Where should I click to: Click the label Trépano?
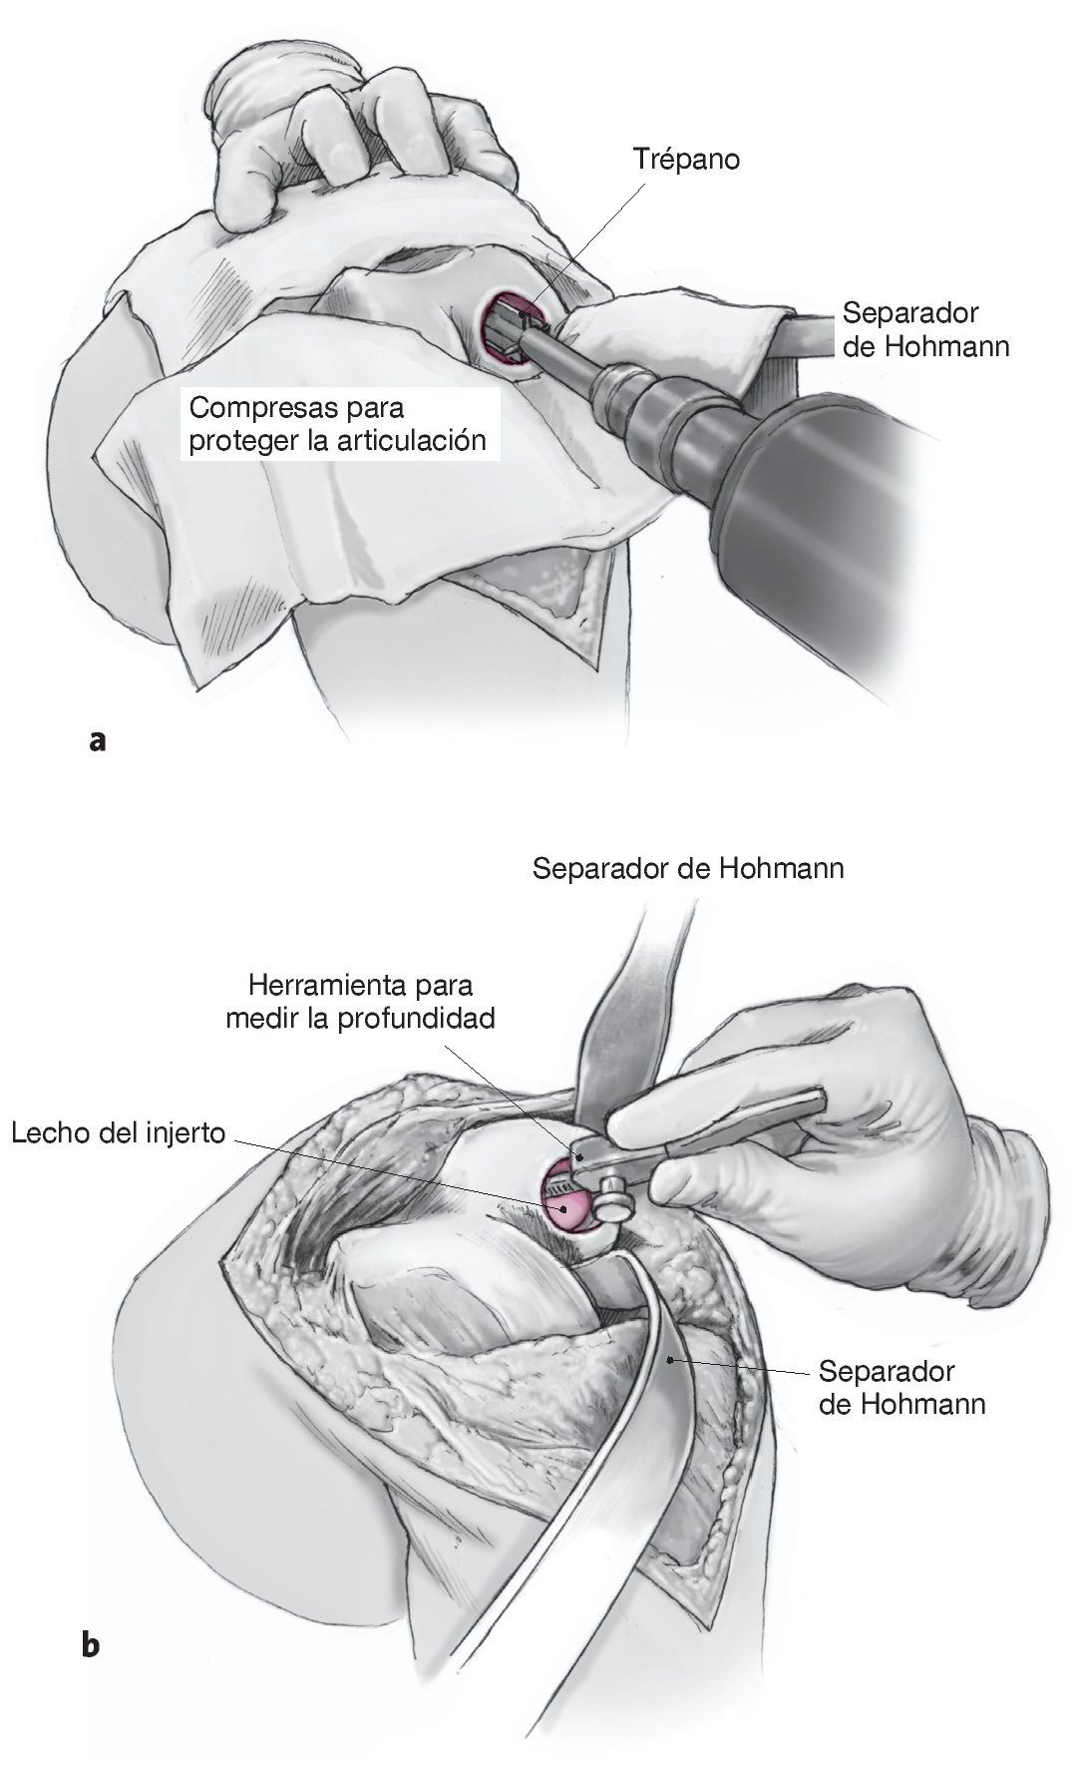click(686, 159)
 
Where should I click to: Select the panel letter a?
click(97, 740)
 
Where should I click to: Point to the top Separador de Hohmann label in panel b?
click(687, 868)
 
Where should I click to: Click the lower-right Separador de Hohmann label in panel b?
click(900, 1386)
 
